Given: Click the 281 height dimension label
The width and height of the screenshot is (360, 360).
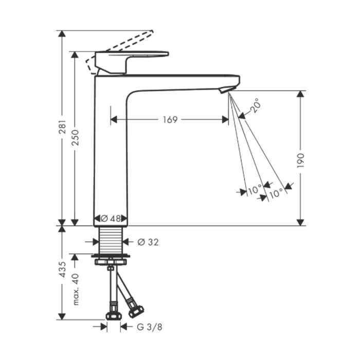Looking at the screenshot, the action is point(62,127).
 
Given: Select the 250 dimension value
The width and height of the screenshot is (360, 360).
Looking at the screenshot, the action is point(75,137).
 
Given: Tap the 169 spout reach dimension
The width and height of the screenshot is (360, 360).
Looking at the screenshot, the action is point(170,120).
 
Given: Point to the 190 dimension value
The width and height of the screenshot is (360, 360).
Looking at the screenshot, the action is point(300,160).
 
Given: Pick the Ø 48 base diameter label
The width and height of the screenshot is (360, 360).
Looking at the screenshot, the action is point(111,219).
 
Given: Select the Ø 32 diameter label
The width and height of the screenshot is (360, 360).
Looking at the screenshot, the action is point(148,242).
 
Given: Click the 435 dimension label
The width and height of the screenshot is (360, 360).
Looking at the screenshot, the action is point(62,269).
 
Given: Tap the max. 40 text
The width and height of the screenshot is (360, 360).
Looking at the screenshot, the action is point(76,289).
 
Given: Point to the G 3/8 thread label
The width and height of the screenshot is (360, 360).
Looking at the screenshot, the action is point(150,327).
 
